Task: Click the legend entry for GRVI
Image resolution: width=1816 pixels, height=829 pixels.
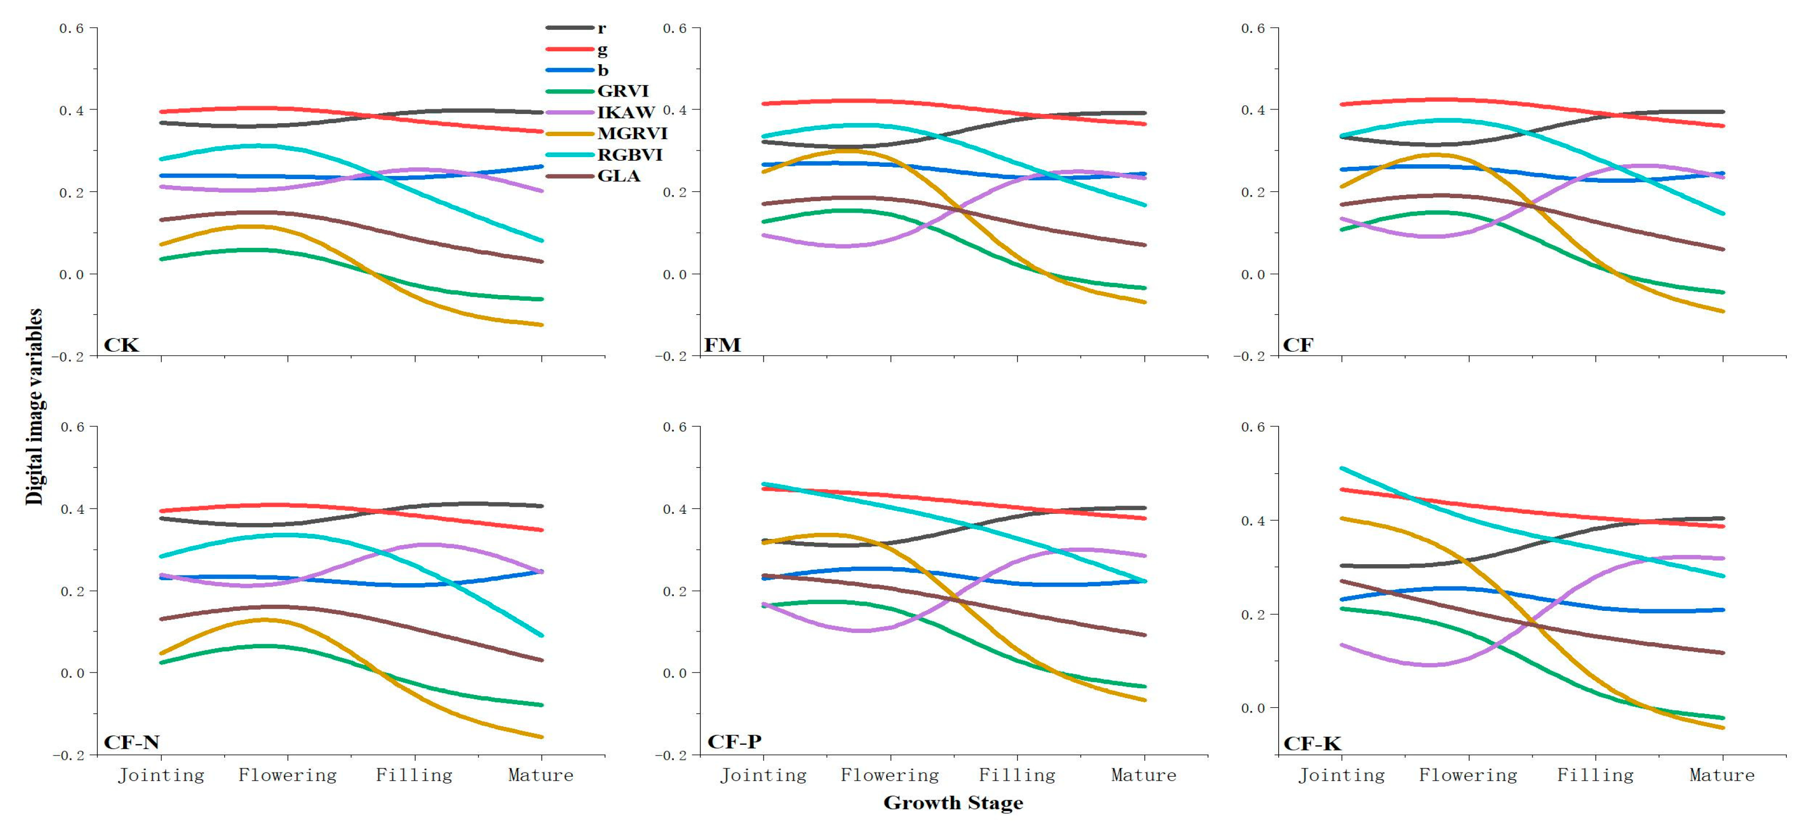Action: click(x=622, y=91)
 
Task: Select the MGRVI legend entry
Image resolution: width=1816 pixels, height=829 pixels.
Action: click(x=632, y=133)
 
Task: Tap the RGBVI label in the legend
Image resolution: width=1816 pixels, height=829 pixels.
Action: click(x=630, y=155)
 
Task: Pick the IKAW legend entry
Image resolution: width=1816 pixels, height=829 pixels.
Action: click(x=626, y=112)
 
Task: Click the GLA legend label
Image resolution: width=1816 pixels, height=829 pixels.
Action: click(x=618, y=176)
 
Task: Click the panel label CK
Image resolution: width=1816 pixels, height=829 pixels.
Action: click(x=121, y=345)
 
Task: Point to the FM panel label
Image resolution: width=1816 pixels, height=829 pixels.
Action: click(x=723, y=345)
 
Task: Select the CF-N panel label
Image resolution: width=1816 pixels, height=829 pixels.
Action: click(x=132, y=742)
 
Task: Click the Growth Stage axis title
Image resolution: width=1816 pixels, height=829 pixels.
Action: click(x=953, y=803)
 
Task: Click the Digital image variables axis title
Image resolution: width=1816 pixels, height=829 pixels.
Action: click(x=34, y=407)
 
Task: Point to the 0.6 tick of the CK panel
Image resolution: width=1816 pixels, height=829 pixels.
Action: click(x=71, y=28)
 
